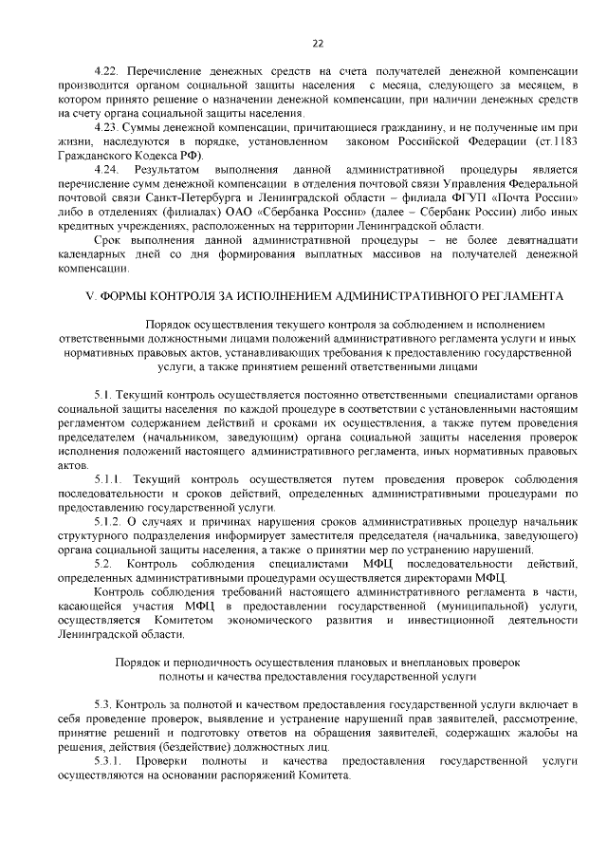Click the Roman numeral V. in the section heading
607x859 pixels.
[x=91, y=297]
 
